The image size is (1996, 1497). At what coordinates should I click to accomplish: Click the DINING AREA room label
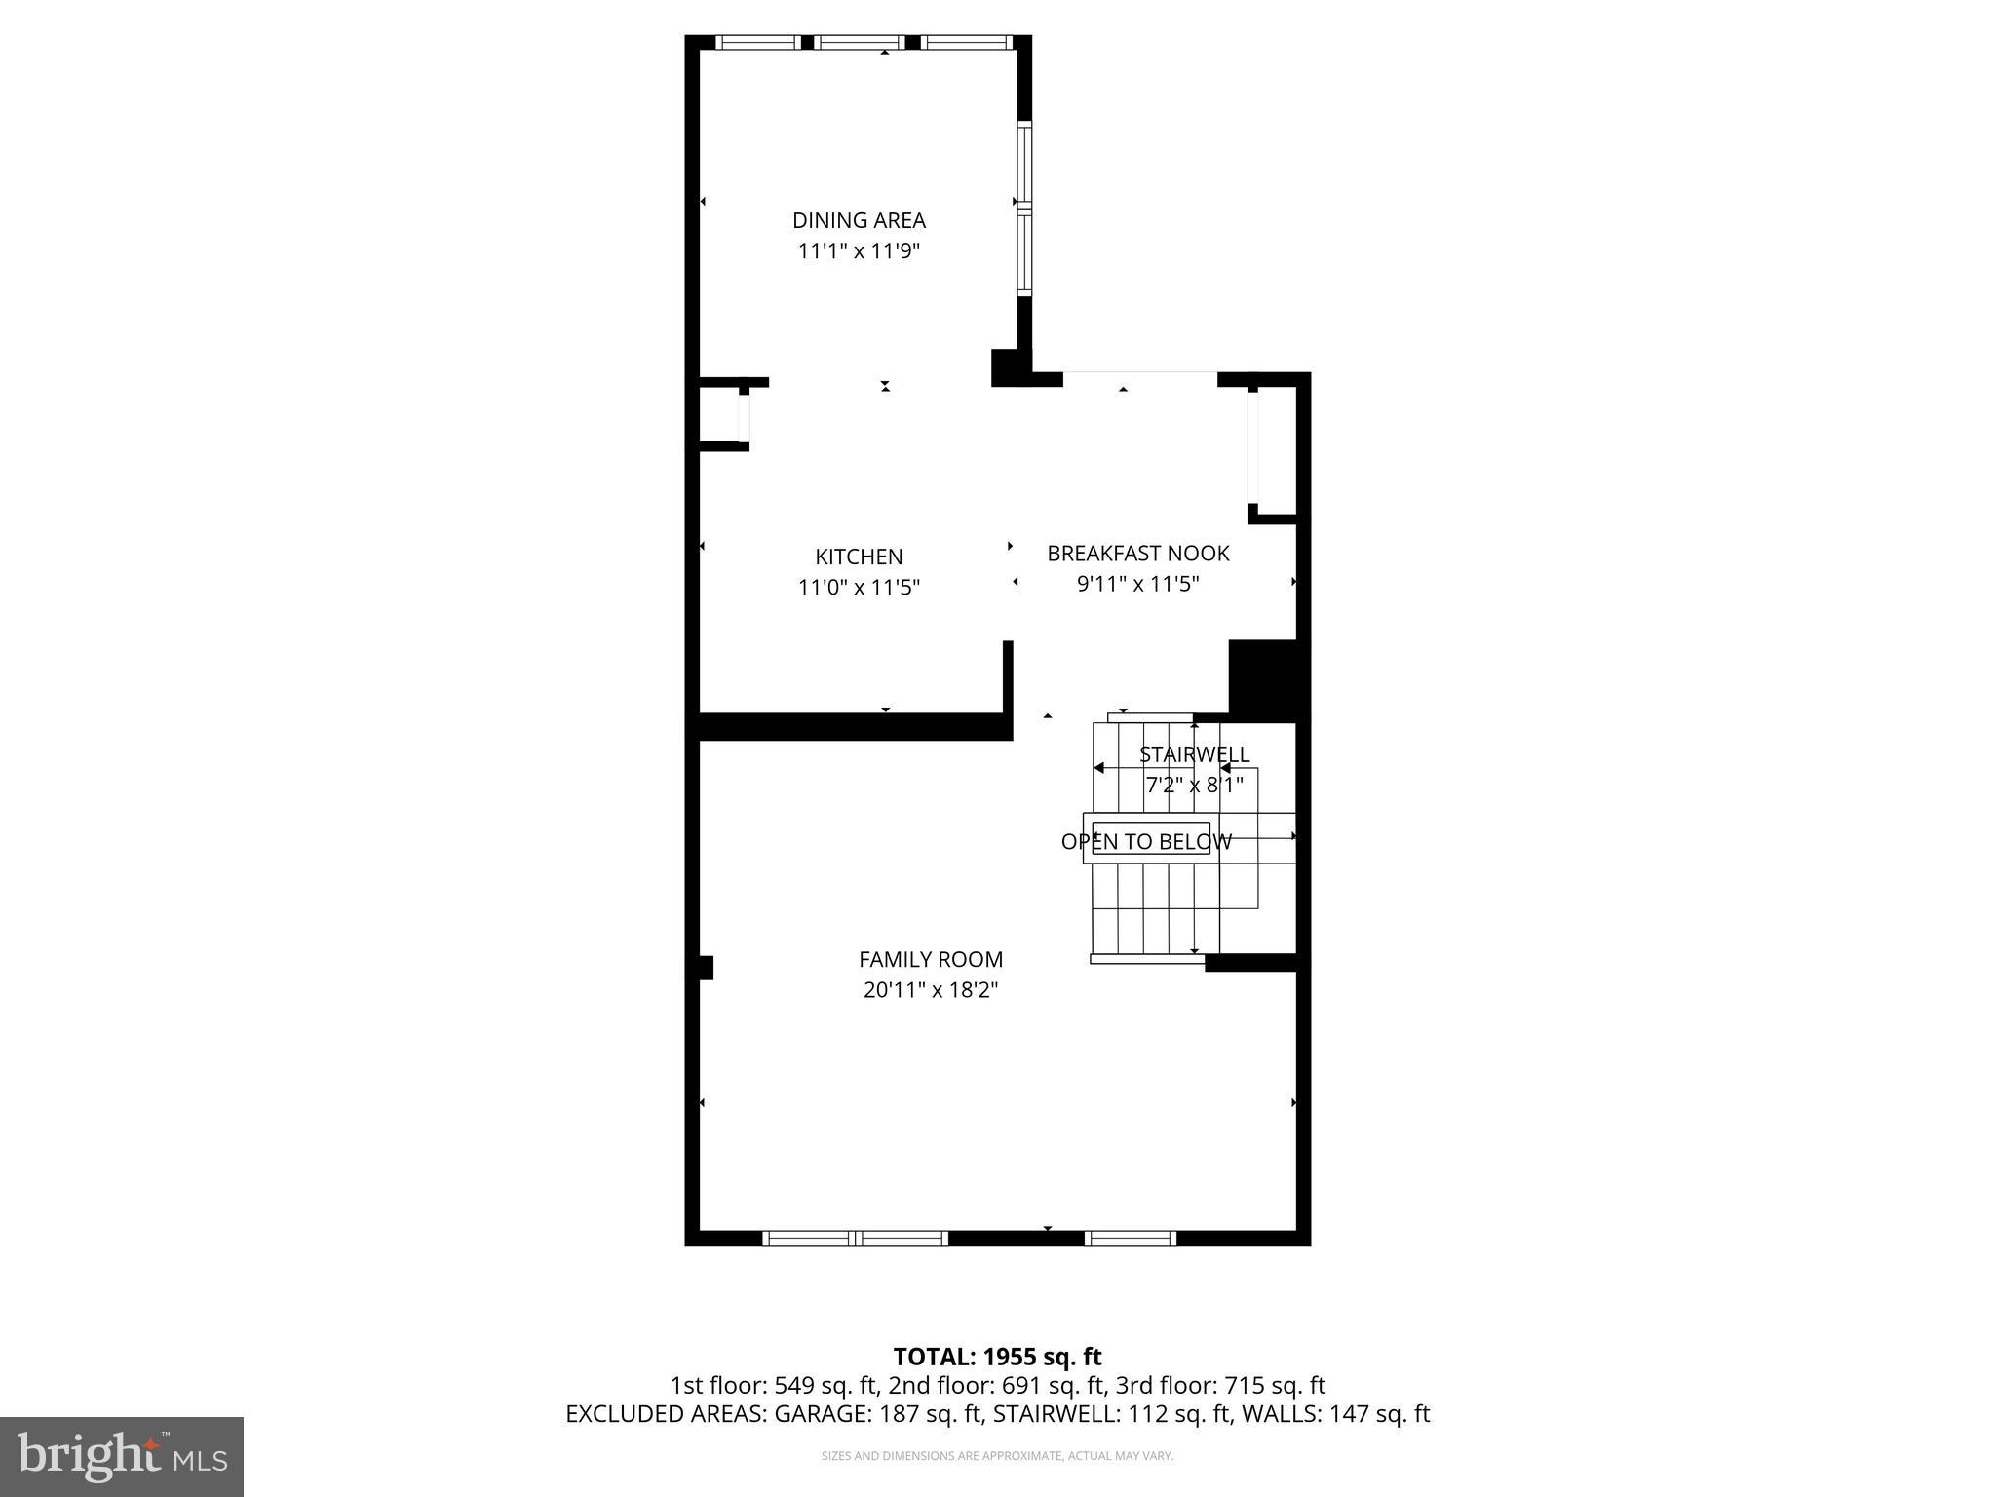(859, 220)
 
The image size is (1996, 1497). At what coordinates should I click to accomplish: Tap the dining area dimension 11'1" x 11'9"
(859, 251)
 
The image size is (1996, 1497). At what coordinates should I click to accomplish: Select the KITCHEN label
(859, 557)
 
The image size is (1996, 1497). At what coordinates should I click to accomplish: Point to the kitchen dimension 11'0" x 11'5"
(859, 588)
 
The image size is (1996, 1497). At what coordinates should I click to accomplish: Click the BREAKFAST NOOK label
(1137, 554)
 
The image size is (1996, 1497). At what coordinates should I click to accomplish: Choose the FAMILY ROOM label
(931, 959)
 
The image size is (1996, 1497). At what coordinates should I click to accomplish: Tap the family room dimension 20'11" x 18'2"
(931, 990)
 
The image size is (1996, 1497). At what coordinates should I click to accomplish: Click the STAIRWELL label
(1194, 754)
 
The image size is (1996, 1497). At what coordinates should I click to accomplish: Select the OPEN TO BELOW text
(1146, 842)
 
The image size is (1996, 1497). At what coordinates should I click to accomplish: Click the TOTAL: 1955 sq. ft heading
(997, 1357)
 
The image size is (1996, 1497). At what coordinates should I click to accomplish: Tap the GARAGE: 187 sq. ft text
(878, 1414)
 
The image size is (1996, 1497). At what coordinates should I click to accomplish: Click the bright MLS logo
(122, 1456)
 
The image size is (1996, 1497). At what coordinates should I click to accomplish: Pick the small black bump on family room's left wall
(707, 968)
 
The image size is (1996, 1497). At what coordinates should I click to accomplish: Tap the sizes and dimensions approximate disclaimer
(997, 1456)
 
